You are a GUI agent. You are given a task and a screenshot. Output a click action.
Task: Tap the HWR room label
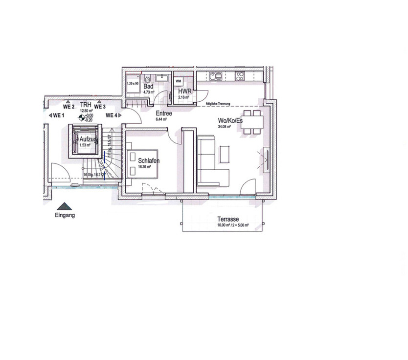point(184,91)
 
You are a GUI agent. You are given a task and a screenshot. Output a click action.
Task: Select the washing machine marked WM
point(178,81)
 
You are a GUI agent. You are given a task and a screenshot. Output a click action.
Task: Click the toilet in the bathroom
point(147,78)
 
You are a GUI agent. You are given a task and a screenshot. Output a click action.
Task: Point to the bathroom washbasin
point(162,78)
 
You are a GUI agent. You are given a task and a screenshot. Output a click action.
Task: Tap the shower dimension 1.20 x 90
point(133,84)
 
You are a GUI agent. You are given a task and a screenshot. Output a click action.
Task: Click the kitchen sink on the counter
point(216,76)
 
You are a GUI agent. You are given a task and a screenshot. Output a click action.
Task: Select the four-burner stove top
point(240,76)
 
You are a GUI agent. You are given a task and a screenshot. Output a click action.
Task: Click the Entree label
point(164,113)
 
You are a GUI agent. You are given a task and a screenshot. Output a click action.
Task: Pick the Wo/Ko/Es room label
point(230,120)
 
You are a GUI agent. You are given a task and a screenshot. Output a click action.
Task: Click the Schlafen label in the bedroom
point(149,160)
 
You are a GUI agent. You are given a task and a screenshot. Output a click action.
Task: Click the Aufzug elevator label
point(88,139)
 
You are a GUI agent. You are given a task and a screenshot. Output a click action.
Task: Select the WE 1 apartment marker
point(59,115)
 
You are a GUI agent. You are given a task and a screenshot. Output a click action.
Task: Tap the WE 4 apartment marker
point(112,115)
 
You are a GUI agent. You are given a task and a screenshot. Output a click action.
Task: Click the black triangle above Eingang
point(64,206)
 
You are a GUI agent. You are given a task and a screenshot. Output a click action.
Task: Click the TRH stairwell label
point(86,105)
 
